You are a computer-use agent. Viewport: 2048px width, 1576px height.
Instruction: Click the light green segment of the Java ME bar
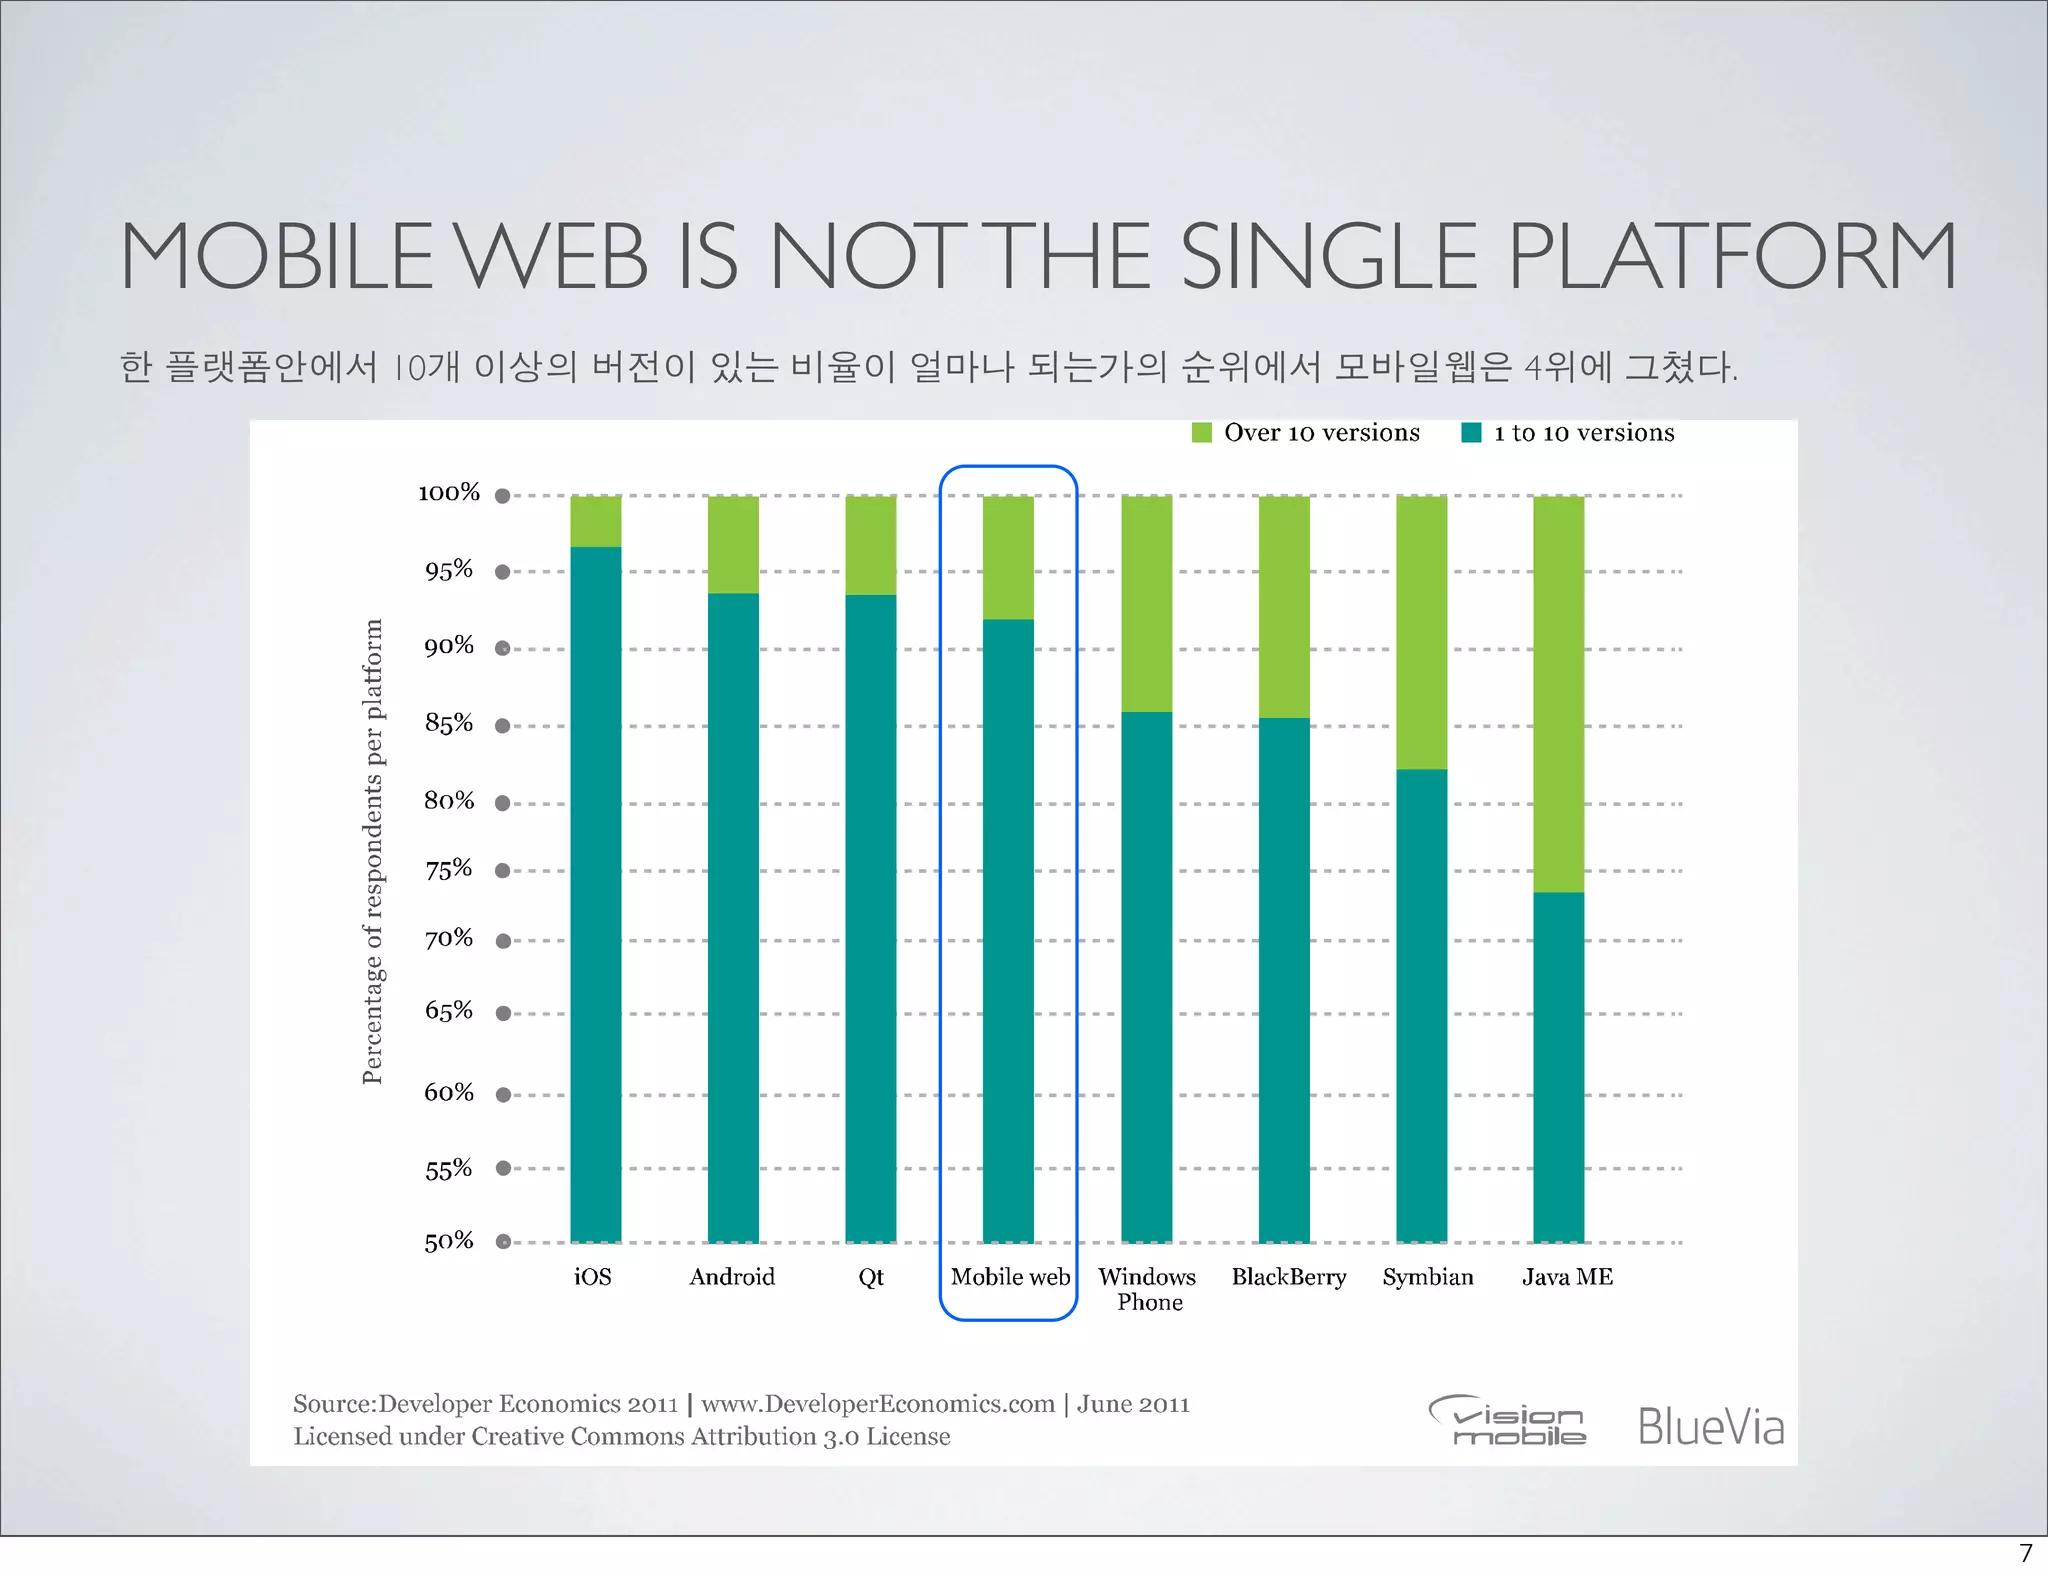pyautogui.click(x=1558, y=694)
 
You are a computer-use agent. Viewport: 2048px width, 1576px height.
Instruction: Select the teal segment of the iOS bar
pyautogui.click(x=595, y=894)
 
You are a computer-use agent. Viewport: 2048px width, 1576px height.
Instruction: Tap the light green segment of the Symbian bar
pyautogui.click(x=1421, y=632)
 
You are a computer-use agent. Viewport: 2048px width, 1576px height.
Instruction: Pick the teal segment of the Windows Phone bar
pyautogui.click(x=1146, y=976)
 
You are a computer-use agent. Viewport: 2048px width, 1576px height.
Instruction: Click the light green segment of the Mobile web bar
pyautogui.click(x=1008, y=557)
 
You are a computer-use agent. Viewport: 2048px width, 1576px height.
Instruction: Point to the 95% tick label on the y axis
pyautogui.click(x=448, y=571)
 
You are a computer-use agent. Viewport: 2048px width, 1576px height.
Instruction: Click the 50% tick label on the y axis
pyautogui.click(x=448, y=1242)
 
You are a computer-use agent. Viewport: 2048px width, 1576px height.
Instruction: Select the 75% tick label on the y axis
pyautogui.click(x=448, y=869)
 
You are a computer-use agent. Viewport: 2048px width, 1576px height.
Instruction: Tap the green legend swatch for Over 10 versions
pyautogui.click(x=1202, y=433)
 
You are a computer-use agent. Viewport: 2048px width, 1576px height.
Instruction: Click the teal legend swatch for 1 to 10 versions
pyautogui.click(x=1471, y=433)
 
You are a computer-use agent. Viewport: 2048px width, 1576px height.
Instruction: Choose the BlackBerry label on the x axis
pyautogui.click(x=1288, y=1277)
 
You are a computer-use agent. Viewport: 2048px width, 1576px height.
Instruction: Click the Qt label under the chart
pyautogui.click(x=870, y=1277)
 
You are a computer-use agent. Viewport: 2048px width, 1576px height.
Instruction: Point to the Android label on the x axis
pyautogui.click(x=732, y=1277)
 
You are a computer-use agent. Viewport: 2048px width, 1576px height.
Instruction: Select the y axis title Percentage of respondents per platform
pyautogui.click(x=372, y=851)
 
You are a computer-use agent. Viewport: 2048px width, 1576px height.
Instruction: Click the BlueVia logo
pyautogui.click(x=1710, y=1426)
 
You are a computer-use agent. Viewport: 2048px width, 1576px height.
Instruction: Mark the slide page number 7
pyautogui.click(x=2026, y=1553)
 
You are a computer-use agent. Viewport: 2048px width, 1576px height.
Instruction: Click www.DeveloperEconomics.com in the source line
pyautogui.click(x=877, y=1404)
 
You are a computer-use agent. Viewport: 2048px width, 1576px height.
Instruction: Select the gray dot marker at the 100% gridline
pyautogui.click(x=503, y=496)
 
